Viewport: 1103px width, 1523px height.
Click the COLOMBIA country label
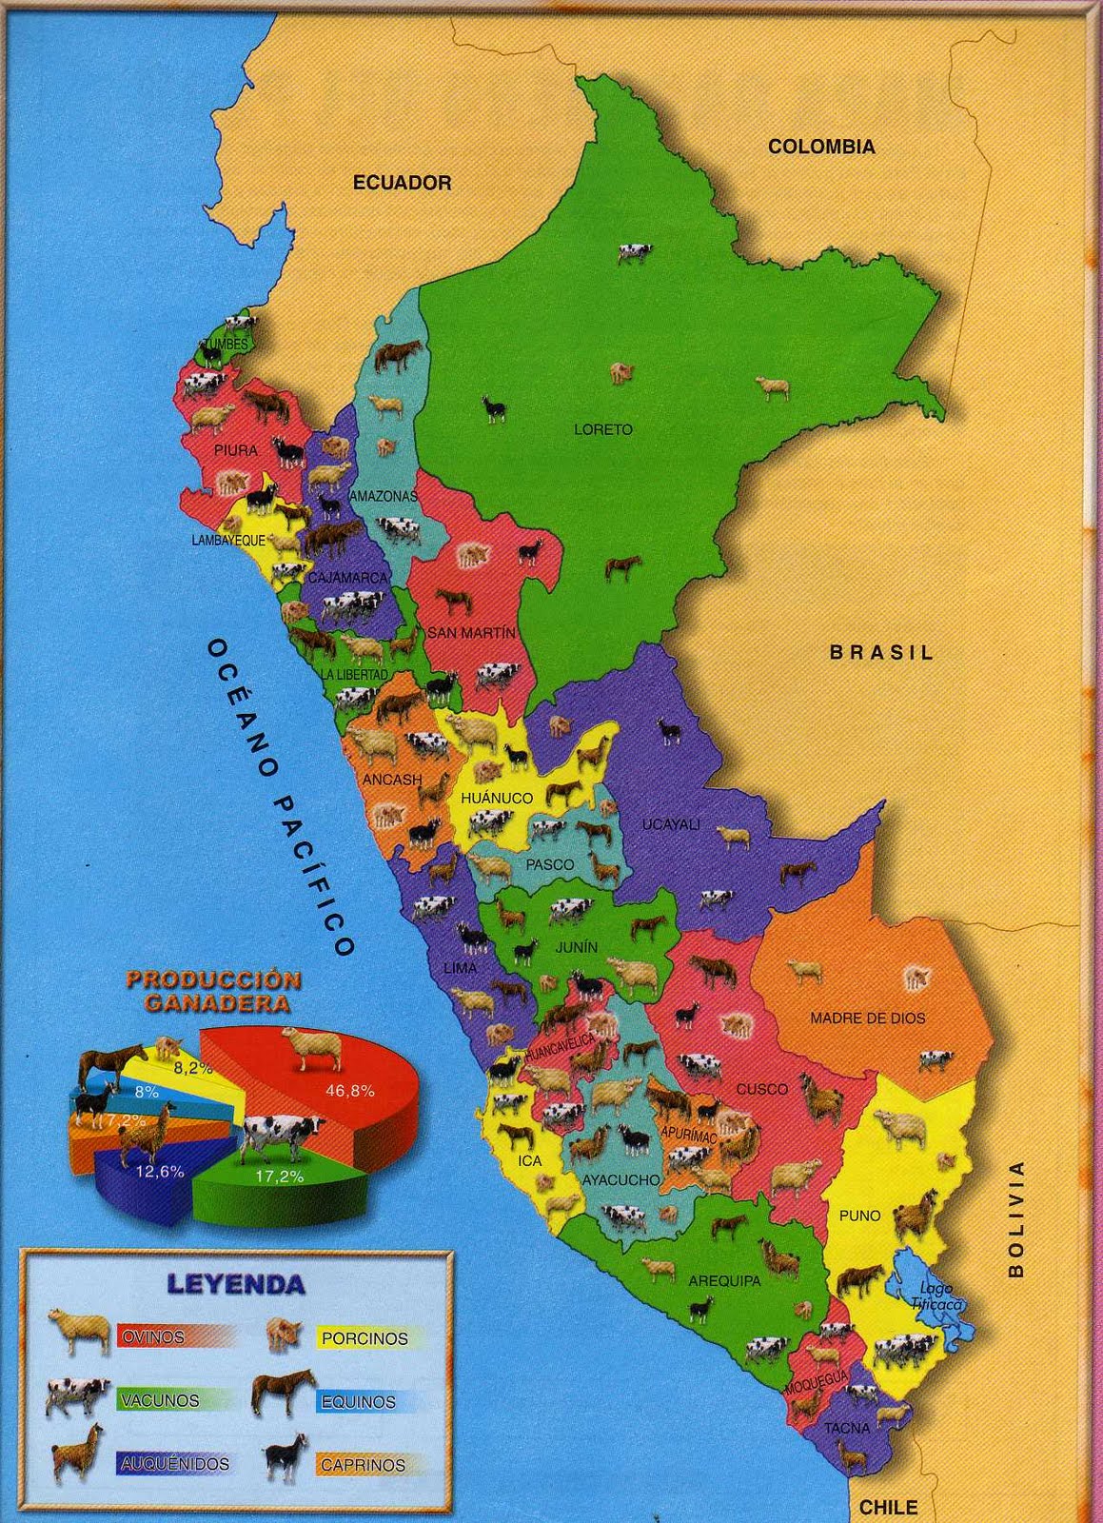(821, 147)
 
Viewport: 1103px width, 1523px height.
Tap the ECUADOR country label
(402, 183)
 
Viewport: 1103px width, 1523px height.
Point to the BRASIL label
(881, 653)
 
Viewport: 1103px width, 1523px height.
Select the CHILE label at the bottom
(888, 1507)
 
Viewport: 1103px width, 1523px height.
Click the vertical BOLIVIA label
(1016, 1219)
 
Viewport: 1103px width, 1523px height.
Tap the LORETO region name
(603, 429)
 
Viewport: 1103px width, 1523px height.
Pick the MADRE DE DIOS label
(867, 1018)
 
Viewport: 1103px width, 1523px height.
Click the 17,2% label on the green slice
(280, 1177)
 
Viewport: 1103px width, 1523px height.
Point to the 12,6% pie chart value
(160, 1172)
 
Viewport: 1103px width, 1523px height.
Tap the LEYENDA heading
(236, 1283)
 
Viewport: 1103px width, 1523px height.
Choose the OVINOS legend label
(152, 1337)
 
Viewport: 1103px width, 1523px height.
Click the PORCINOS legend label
(364, 1338)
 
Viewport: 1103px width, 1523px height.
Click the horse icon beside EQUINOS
(283, 1394)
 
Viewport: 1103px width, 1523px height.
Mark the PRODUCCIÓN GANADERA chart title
(214, 990)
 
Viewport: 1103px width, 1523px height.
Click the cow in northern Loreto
(633, 252)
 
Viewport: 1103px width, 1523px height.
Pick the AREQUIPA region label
(724, 1281)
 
